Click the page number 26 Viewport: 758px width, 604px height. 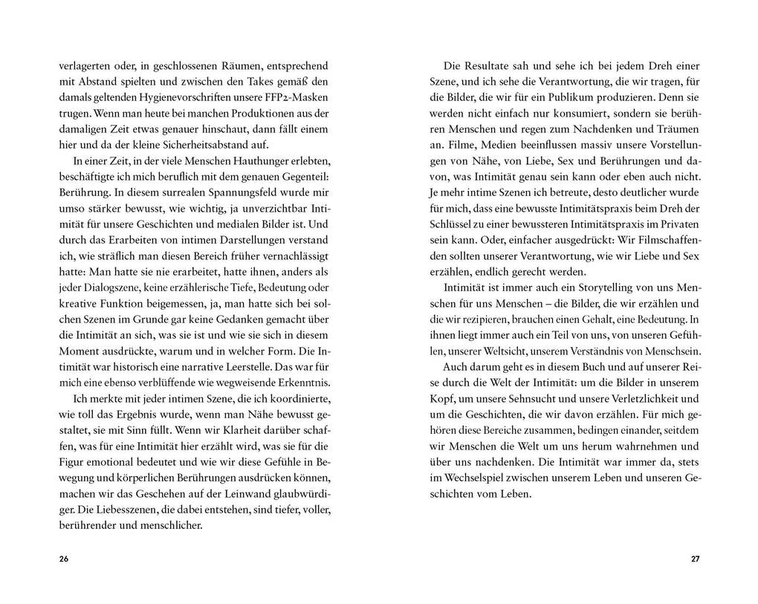tap(63, 559)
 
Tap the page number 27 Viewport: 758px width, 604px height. tap(695, 559)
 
